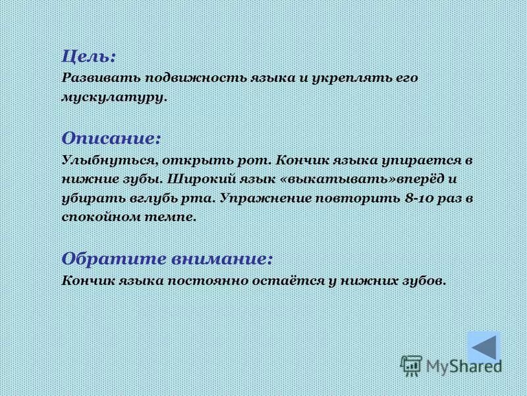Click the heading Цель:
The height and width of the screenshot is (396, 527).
pos(89,57)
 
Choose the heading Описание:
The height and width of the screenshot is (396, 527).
pos(111,139)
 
